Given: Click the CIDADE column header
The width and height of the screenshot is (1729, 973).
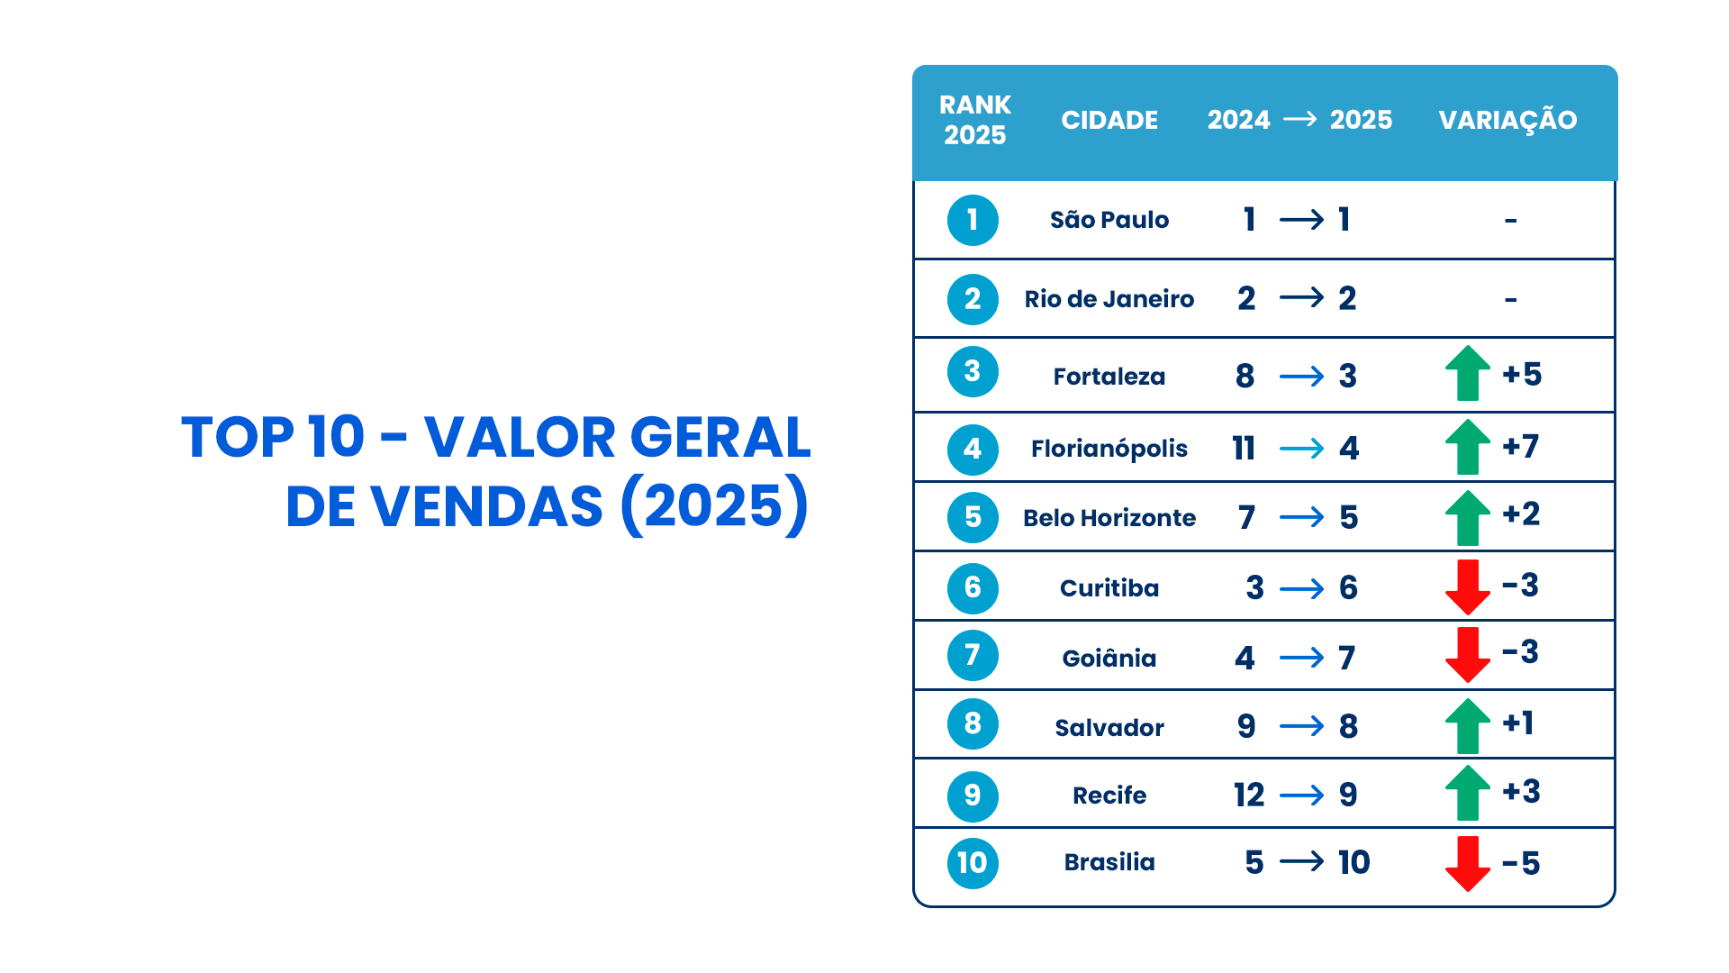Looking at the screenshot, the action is pos(1109,120).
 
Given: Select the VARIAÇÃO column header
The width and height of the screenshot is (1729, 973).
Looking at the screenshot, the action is pos(1507,120).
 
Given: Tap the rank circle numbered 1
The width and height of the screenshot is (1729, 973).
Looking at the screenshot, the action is pos(973,220).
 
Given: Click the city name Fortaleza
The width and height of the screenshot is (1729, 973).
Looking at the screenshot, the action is pos(1109,377).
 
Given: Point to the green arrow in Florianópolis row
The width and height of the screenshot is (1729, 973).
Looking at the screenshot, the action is pos(1468,447).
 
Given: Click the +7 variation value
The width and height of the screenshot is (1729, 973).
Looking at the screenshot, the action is pos(1521,446).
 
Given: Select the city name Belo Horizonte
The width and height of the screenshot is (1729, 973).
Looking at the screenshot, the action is pos(1109,518).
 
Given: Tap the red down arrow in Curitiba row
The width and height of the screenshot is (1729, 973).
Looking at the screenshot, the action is pos(1468,587).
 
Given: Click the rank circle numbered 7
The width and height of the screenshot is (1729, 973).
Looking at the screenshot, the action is pos(973,655).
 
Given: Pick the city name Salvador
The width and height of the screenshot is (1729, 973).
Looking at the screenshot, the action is pos(1109,727).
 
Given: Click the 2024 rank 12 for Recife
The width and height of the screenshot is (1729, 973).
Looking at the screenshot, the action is pos(1249,795).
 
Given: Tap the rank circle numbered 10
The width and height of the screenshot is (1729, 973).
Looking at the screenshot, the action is pos(973,863).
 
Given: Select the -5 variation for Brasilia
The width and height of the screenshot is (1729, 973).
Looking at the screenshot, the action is pos(1521,863).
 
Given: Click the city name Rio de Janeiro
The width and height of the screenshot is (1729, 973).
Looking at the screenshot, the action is pos(1109,299).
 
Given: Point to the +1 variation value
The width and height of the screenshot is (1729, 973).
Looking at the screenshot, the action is pos(1518,723).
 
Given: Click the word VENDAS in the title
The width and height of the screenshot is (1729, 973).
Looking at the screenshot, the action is pos(486,505).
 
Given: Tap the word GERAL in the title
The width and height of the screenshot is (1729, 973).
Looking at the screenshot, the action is pos(720,438).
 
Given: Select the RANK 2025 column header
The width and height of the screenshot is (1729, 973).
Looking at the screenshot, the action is pos(975,120).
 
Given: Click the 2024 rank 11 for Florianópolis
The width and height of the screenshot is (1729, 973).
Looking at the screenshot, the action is pos(1244,448).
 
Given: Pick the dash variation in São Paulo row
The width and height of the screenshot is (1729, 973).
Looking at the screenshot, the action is pos(1511,221).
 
